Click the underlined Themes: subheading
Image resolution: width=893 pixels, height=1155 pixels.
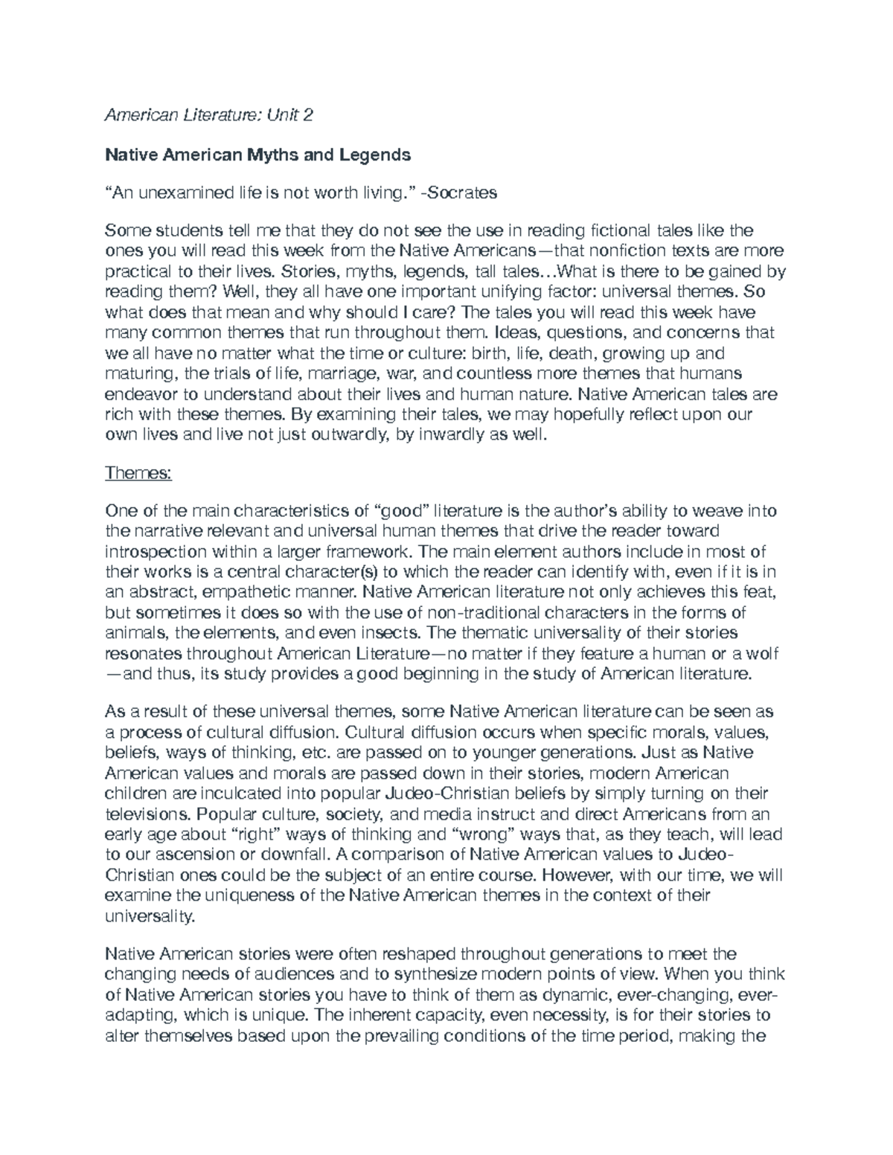click(138, 472)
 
